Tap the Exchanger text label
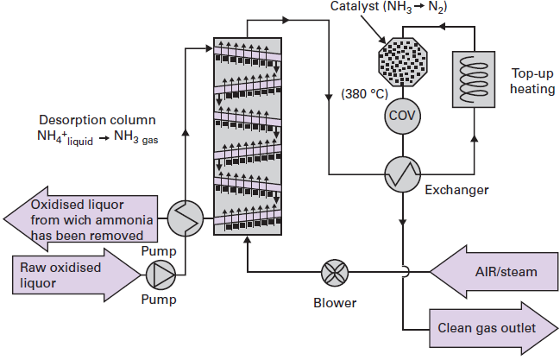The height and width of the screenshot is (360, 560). (x=456, y=189)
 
